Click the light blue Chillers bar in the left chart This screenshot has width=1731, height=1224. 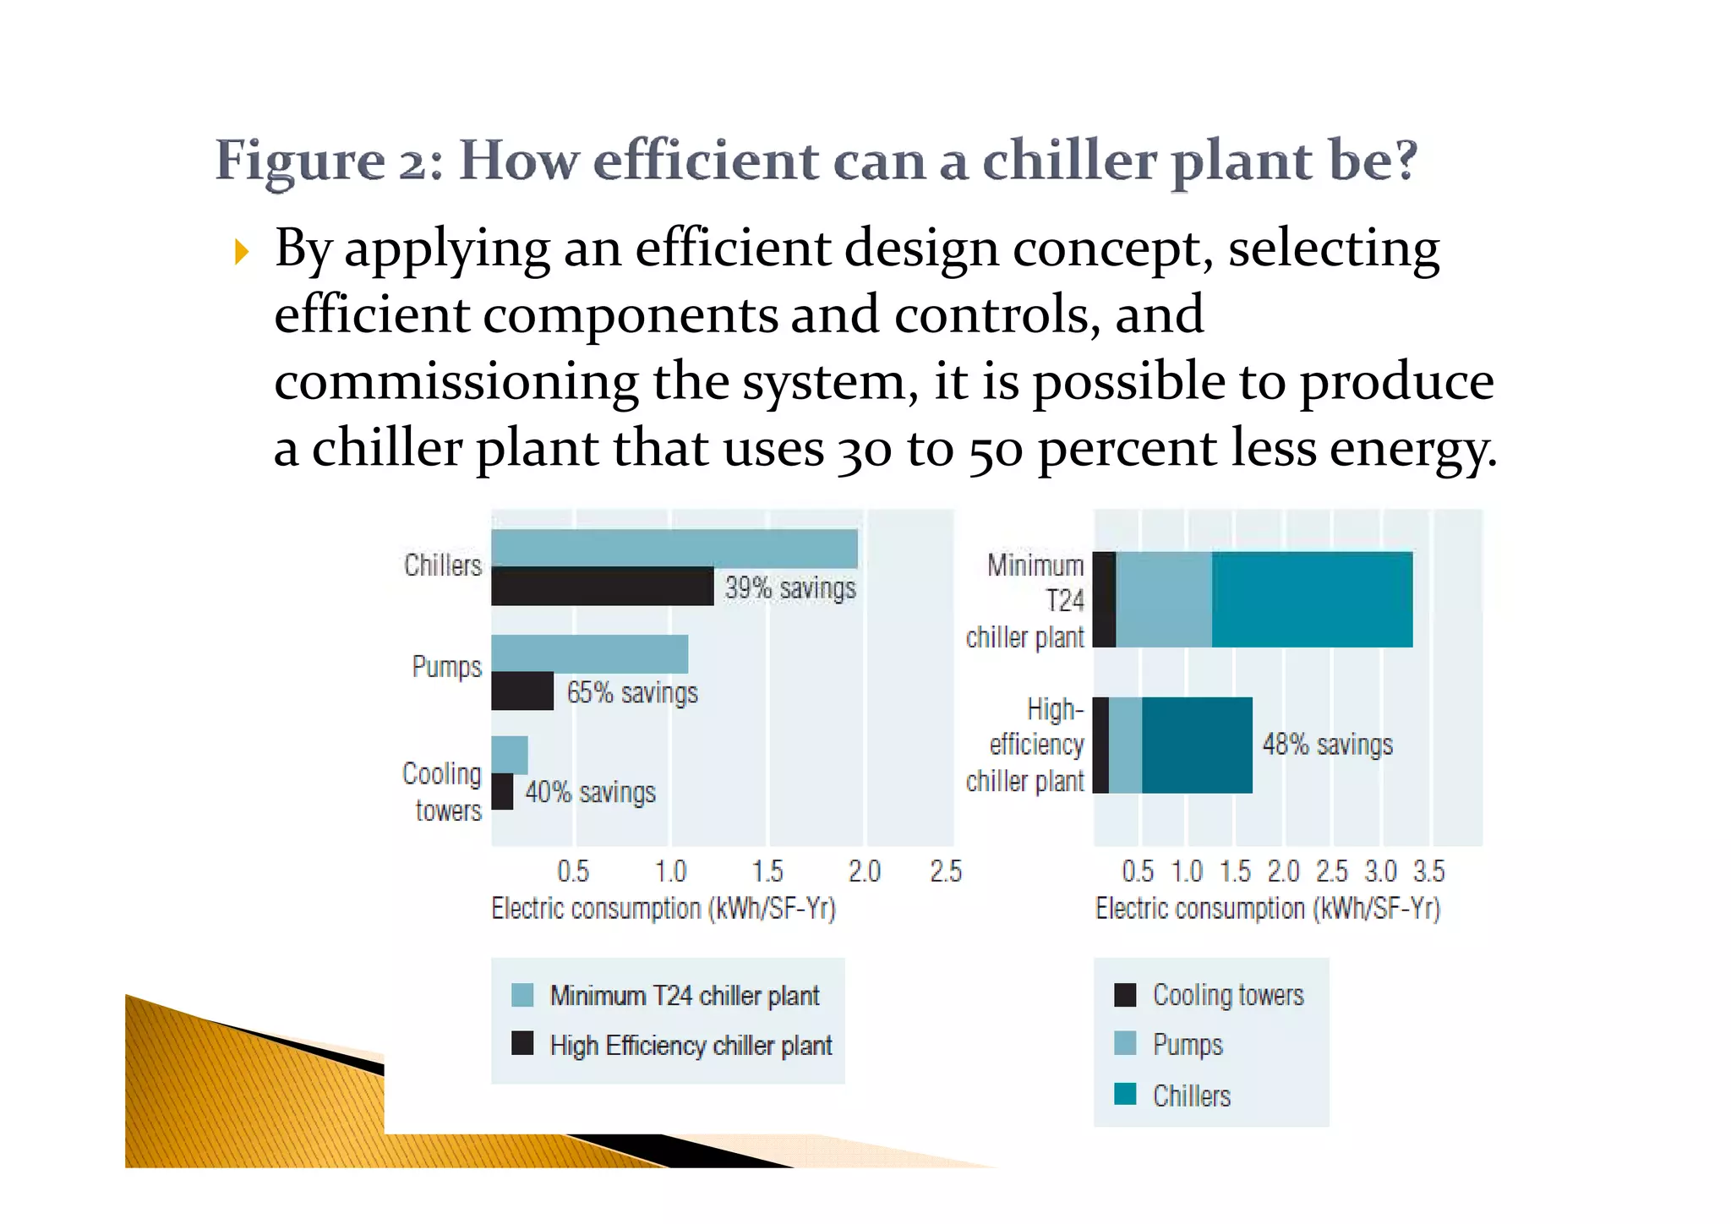pos(674,548)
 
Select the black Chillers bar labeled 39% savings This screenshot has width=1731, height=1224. pos(602,586)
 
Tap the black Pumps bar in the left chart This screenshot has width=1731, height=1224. pos(522,691)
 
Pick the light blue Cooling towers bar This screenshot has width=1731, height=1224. pos(510,755)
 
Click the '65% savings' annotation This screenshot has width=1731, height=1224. pos(632,693)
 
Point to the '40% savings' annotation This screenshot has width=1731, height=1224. pos(590,792)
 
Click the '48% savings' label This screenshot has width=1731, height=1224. pos(1327,745)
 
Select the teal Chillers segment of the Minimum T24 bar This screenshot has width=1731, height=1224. pos(1312,599)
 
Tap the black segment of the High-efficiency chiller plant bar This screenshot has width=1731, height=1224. pos(1100,745)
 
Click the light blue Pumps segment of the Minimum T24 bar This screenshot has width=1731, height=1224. pos(1164,599)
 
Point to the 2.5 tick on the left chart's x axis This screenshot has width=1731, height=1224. pos(946,872)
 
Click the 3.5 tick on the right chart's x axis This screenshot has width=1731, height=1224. pos(1429,872)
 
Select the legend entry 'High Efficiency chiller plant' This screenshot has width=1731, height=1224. pos(691,1046)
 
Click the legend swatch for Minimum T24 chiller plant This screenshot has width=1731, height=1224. pos(522,995)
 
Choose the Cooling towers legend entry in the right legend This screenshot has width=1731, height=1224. pos(1227,995)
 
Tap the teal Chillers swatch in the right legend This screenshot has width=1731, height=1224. pos(1125,1094)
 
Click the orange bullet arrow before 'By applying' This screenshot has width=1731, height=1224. pos(242,252)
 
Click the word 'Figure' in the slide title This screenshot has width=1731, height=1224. pos(300,161)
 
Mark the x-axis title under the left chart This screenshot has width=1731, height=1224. pos(663,909)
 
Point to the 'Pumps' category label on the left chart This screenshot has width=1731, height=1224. pos(446,666)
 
